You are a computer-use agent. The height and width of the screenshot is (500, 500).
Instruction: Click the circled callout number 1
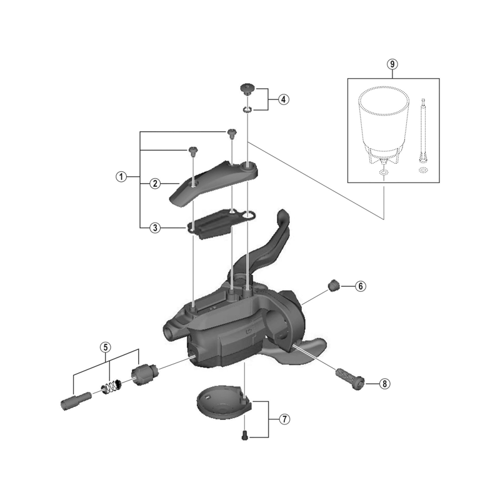pos(121,176)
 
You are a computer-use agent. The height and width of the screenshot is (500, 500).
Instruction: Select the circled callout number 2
pos(155,183)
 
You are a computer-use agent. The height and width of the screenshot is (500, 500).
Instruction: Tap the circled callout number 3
pos(155,227)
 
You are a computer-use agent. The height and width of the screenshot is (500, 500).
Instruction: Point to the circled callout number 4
pos(283,99)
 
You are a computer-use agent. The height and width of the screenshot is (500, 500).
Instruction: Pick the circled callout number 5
pos(106,347)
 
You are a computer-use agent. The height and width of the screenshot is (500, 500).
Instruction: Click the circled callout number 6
pos(361,286)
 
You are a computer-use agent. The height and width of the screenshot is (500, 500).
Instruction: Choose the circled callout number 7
pos(284,419)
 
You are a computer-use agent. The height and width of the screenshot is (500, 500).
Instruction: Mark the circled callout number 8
pos(384,384)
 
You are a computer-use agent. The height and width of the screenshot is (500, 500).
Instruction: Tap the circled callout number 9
pos(392,64)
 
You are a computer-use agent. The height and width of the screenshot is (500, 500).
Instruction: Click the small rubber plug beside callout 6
pos(333,285)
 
